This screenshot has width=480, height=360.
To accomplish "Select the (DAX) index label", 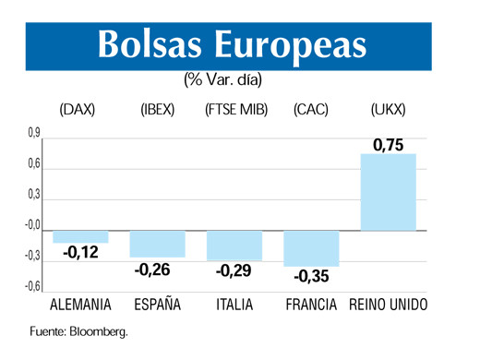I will pyautogui.click(x=78, y=111).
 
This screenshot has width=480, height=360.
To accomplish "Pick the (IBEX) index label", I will pyautogui.click(x=158, y=111).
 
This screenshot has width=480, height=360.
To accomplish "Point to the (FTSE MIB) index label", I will pyautogui.click(x=235, y=111).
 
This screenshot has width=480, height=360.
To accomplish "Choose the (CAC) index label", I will pyautogui.click(x=312, y=111).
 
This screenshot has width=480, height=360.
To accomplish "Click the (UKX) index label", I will pyautogui.click(x=388, y=111).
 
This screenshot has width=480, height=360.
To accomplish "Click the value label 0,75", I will pyautogui.click(x=389, y=144).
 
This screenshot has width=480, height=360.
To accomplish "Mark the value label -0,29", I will pyautogui.click(x=234, y=271).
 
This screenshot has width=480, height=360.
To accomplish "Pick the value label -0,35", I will pyautogui.click(x=312, y=276).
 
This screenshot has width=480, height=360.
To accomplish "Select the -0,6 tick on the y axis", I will pyautogui.click(x=30, y=287).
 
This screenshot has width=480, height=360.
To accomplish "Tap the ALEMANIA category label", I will pyautogui.click(x=80, y=305).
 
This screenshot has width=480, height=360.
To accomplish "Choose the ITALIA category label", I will pyautogui.click(x=234, y=305).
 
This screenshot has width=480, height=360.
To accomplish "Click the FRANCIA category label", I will pyautogui.click(x=312, y=305).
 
